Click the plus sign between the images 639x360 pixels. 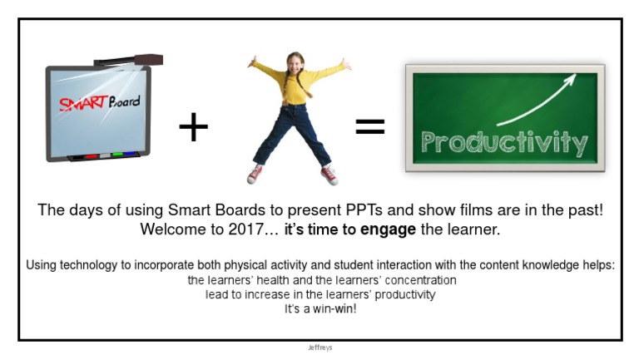point(193,127)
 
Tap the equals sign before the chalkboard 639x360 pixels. point(369,126)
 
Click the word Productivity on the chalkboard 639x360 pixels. point(504,142)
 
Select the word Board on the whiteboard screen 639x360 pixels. point(123,102)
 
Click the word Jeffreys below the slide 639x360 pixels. point(319,348)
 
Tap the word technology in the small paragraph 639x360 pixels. point(93,265)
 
